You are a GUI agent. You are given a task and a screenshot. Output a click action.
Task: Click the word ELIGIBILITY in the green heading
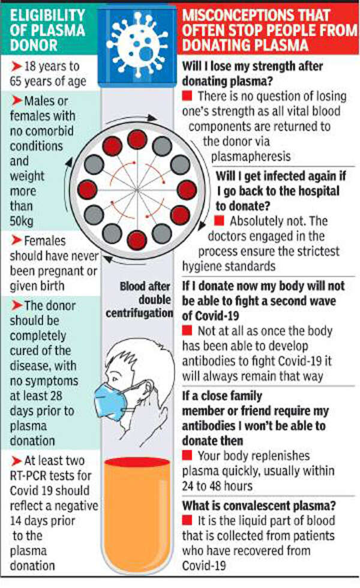tap(47, 16)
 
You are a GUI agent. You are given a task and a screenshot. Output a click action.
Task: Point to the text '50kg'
tap(22, 221)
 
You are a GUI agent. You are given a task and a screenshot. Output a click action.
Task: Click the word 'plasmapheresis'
tap(251, 156)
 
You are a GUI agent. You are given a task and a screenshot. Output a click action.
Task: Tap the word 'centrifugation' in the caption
tap(139, 313)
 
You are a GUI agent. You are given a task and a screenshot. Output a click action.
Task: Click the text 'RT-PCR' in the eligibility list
tap(28, 475)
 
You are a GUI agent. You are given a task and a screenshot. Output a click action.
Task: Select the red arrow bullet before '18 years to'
tap(16, 67)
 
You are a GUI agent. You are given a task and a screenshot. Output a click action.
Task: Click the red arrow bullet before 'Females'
tap(16, 240)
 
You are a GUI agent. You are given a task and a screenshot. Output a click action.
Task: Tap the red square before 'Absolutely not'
tap(219, 220)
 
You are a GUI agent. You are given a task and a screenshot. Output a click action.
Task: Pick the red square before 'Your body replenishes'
tap(187, 455)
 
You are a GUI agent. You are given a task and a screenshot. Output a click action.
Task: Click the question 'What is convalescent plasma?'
tap(259, 505)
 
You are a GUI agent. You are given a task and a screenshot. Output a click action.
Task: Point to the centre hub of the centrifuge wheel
tap(137, 190)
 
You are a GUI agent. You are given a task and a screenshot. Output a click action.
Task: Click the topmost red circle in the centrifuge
tap(137, 139)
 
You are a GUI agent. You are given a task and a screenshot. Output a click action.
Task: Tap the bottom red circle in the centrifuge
tap(137, 241)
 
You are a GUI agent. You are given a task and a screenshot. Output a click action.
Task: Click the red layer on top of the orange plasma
tap(137, 462)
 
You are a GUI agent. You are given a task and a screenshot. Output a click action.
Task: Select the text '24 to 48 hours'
tap(217, 486)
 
